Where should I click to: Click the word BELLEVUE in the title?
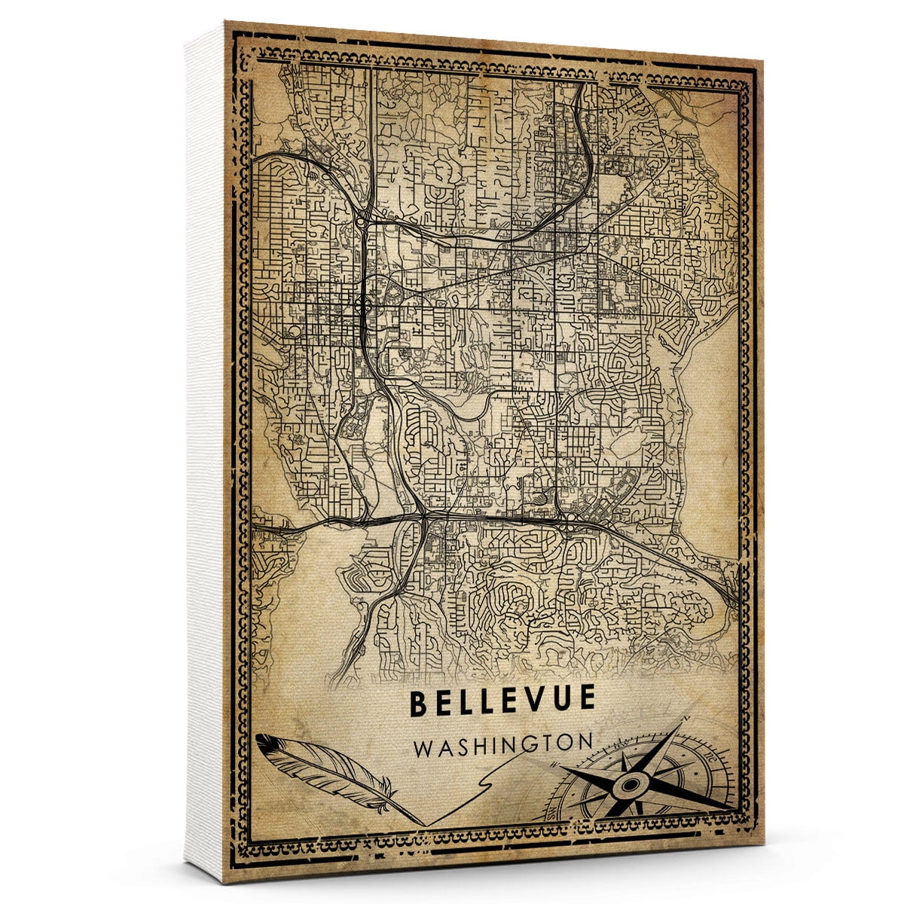(502, 702)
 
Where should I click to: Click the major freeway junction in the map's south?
(423, 517)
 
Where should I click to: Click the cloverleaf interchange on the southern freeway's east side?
(570, 521)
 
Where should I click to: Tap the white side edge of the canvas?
(205, 452)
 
